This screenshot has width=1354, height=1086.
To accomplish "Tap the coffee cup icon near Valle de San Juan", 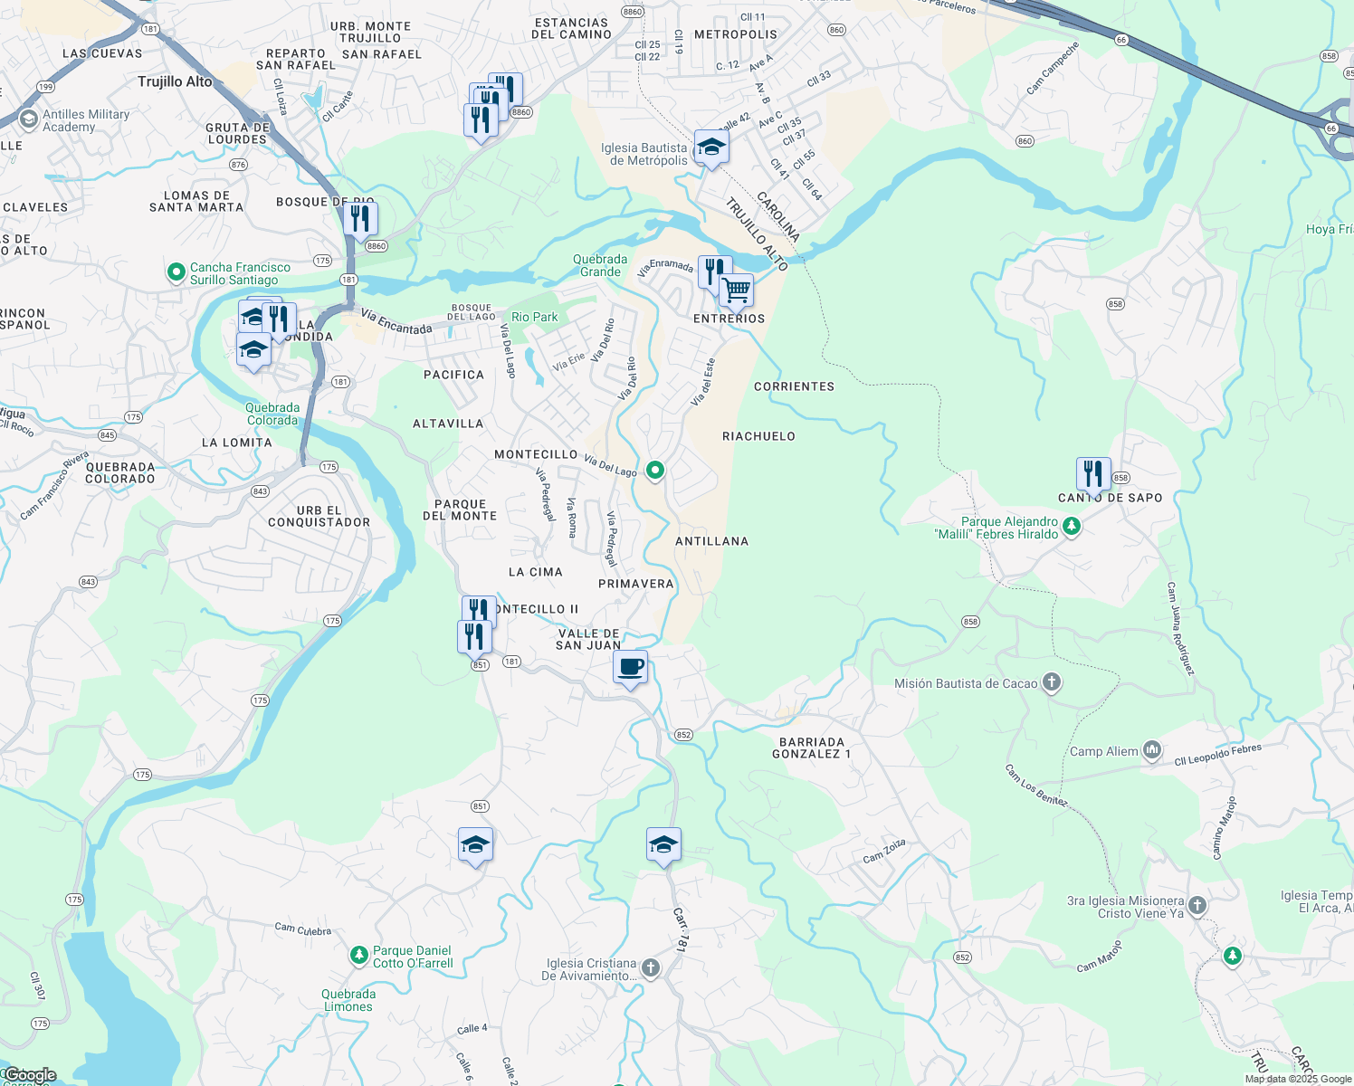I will point(631,668).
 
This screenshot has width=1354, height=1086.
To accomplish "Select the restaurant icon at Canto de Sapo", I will point(1093,473).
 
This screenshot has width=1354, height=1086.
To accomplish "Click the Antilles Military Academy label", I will point(86,120).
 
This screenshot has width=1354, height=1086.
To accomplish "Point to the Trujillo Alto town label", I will point(175,81).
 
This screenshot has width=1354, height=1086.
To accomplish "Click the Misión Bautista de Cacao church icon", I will point(1051,682).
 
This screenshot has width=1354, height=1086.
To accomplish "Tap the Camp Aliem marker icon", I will point(1151,749).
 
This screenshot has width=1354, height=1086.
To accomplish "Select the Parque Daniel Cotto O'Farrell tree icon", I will point(359,955).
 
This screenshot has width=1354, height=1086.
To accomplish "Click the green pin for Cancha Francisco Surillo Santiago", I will point(176,271).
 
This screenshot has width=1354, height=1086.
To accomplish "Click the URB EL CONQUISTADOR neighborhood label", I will point(319,517).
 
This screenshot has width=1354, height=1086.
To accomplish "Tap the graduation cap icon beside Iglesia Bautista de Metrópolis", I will point(711,148).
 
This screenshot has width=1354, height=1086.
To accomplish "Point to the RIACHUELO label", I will point(758,436).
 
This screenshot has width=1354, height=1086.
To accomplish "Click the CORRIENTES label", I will point(794,386).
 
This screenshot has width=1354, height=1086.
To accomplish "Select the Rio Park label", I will point(535,317).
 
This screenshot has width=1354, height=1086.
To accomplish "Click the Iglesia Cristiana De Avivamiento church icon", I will point(650,967).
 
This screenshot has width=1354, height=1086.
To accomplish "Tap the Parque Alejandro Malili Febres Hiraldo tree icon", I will point(1072,526).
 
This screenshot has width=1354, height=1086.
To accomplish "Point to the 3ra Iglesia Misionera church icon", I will point(1197,905).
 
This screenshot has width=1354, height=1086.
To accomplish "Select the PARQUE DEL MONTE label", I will point(460,510).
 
